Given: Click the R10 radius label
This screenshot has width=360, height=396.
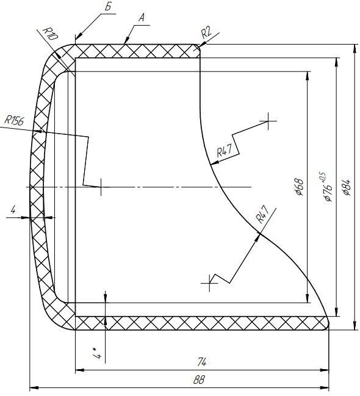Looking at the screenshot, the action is point(50,34).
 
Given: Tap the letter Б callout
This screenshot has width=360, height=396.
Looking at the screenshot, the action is point(108,7).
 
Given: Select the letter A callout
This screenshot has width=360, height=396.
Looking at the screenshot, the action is point(142,18).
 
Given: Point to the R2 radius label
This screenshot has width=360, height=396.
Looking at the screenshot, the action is point(206,33).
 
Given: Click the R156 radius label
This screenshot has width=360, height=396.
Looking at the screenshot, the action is point(15,120).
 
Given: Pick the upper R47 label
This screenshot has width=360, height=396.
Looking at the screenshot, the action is point(224,151).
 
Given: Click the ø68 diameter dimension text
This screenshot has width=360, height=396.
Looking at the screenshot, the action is point(299,187).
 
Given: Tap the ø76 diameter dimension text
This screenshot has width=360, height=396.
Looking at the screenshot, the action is point(328,193).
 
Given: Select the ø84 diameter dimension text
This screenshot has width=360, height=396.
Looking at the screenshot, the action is point(347,187).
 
